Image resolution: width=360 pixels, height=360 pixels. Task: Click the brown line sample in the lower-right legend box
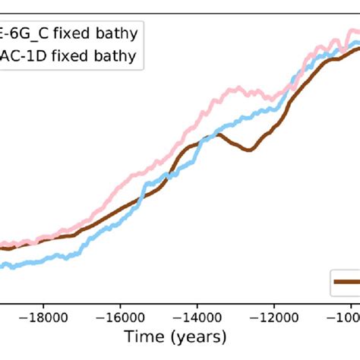(x=347, y=282)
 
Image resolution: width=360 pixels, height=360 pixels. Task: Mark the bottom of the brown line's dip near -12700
(x=248, y=150)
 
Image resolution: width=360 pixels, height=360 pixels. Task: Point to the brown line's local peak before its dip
(x=218, y=134)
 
